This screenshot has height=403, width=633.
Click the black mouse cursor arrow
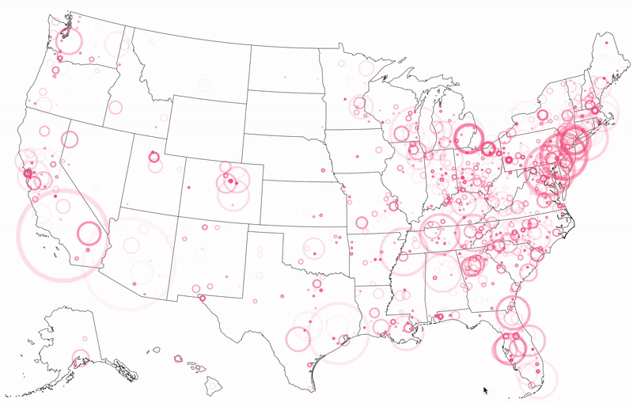click(485, 390)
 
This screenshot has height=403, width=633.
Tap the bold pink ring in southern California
click(89, 234)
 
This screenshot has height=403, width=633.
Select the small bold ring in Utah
click(153, 157)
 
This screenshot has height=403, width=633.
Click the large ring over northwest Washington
click(69, 40)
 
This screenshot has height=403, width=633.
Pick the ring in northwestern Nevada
click(70, 140)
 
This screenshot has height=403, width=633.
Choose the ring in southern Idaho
click(116, 108)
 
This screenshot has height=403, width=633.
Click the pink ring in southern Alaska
click(81, 358)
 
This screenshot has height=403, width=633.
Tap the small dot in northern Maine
click(607, 44)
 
